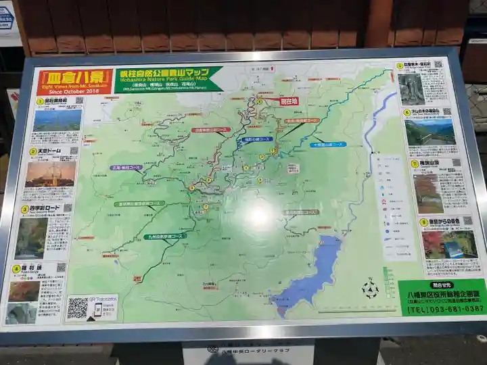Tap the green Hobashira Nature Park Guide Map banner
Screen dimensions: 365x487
(169, 79)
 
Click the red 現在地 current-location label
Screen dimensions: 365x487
(289, 101)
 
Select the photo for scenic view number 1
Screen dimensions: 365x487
(57, 120)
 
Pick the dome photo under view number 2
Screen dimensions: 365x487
(50, 174)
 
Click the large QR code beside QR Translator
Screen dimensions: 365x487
(77, 308)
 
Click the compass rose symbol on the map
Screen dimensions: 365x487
(369, 290)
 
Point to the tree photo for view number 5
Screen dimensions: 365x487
(411, 89)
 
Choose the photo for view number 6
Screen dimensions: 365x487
(430, 133)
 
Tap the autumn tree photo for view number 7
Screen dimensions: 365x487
(429, 193)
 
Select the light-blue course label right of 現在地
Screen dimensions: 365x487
(329, 144)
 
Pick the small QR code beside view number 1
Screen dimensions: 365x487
(78, 101)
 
